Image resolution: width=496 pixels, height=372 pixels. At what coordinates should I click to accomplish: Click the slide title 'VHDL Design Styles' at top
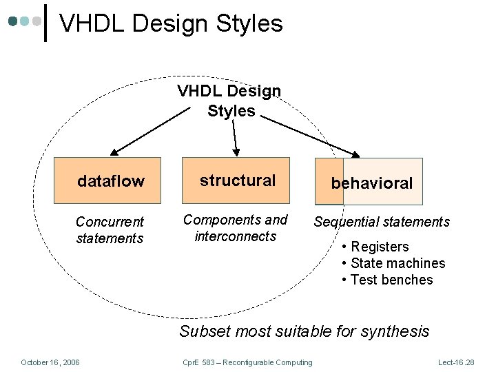point(171,23)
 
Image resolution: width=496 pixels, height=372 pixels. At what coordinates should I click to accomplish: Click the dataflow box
point(110,180)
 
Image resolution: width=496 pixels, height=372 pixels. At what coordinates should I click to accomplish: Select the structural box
point(236,180)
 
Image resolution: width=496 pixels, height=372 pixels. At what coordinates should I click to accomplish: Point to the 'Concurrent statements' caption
point(110,230)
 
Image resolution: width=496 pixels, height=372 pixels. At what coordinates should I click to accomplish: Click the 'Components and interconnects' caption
point(235,228)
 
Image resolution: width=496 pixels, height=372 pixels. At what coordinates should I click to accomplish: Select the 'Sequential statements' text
point(382,222)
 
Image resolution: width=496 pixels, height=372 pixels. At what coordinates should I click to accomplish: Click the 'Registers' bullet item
point(380,247)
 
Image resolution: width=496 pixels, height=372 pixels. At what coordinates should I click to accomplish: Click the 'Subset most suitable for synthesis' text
point(304,331)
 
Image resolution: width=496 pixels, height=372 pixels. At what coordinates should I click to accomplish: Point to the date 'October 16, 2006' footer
point(50,362)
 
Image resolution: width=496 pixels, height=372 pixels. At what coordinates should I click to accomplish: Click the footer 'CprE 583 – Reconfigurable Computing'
point(247,362)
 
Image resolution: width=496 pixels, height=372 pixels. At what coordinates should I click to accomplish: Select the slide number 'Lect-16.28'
point(456,362)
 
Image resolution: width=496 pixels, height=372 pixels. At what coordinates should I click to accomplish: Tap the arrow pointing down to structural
point(235,138)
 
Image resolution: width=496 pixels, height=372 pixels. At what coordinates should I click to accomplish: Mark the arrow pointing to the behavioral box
point(310,136)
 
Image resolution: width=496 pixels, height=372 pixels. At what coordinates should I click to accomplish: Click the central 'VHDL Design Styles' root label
point(229,101)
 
